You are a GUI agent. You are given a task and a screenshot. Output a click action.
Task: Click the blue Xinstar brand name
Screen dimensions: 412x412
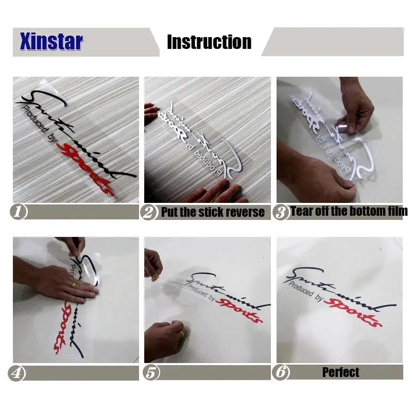[51, 42]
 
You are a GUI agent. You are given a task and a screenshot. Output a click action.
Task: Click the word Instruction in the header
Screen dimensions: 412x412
[209, 42]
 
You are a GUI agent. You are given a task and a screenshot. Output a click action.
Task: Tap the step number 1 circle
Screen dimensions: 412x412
[19, 212]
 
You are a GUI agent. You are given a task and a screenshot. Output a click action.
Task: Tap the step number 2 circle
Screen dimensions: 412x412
[149, 212]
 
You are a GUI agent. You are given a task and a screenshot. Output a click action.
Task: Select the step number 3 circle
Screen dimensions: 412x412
[281, 212]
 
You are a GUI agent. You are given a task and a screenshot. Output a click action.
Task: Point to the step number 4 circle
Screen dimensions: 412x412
[17, 373]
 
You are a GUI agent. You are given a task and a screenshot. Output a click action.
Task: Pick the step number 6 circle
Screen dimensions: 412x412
[281, 373]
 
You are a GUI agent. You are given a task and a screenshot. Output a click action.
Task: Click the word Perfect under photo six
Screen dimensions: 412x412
[341, 372]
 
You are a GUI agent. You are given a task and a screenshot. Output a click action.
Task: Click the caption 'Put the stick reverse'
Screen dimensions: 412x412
[213, 212]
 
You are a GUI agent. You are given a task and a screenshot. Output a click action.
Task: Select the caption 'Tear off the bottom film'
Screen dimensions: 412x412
[349, 211]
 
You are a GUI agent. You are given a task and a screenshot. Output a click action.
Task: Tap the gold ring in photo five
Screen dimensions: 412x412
[181, 334]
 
